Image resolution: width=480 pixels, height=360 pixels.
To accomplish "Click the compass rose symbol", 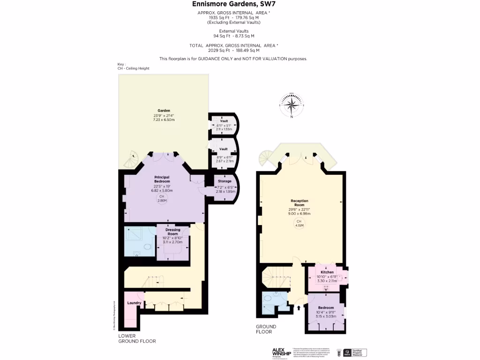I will pos(292,105).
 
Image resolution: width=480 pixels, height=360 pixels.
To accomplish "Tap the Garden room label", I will pos(164,111).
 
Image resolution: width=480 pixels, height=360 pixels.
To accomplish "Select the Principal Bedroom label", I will pos(162,179).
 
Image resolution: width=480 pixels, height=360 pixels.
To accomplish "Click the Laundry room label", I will pos(135,303).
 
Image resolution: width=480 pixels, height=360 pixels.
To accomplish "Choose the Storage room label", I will pos(225,181).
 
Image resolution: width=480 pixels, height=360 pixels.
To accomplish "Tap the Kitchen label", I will pos(327,272).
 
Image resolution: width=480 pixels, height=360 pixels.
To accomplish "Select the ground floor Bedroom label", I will pos(326,307).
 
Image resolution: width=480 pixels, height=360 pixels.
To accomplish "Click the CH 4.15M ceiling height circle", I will pos(299,224).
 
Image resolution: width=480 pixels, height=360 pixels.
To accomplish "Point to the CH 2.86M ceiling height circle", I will pos(162,199).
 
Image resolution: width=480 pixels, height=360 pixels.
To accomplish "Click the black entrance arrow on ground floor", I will pos(298,308).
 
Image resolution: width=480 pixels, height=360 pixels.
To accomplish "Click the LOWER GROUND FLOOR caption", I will pos(137,338).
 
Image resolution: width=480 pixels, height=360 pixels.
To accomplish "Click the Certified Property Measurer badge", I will pos(355,352).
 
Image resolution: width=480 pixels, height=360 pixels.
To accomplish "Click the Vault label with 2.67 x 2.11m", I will pos(224,149).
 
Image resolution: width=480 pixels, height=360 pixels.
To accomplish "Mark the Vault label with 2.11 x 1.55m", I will pos(224,121).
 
